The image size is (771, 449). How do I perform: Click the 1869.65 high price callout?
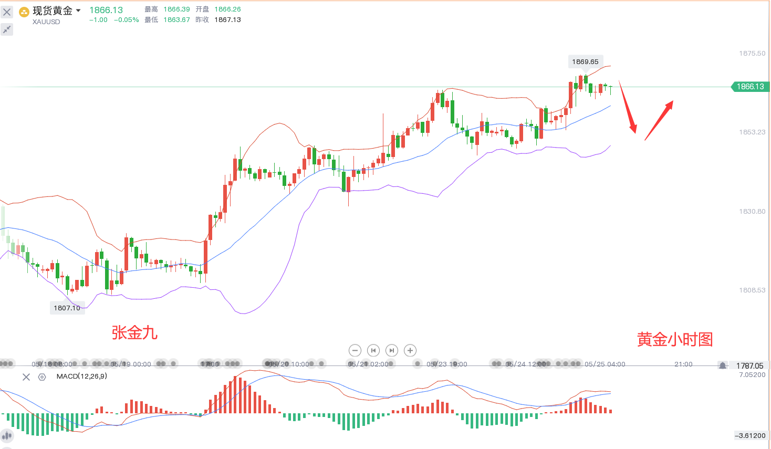(585, 61)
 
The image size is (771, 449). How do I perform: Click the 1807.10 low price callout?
(67, 308)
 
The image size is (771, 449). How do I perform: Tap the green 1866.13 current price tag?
(750, 87)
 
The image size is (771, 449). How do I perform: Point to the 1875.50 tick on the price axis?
(752, 54)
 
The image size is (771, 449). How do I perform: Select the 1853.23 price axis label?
(752, 132)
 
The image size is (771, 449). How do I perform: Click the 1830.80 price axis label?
(752, 212)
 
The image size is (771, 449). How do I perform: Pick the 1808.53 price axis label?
(752, 290)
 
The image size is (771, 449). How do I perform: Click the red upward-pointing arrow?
(659, 120)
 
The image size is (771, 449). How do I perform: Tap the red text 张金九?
(134, 332)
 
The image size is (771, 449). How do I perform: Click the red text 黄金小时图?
(675, 339)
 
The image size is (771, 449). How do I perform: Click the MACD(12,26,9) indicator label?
(81, 377)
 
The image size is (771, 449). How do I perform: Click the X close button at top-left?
(7, 12)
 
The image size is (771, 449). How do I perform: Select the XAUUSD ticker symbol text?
(46, 22)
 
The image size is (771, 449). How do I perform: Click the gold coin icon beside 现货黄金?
(24, 12)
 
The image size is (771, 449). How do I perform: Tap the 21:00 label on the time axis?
(683, 364)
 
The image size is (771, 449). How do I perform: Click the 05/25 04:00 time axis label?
(605, 364)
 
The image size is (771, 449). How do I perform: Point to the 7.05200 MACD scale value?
(752, 375)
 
